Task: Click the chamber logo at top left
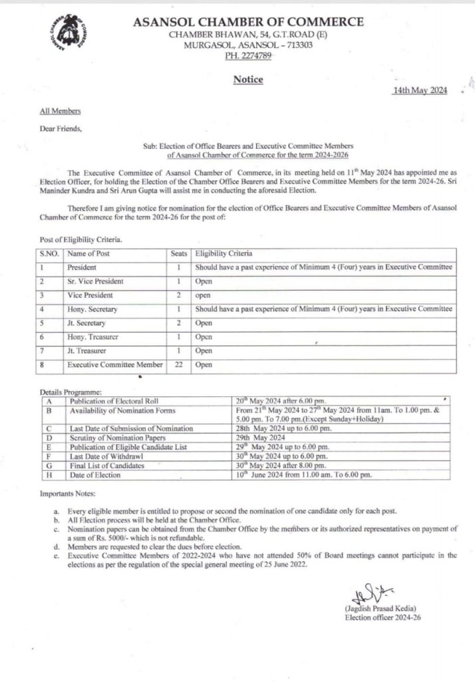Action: click(72, 34)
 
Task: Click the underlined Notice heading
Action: click(248, 80)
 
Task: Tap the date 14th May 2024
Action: click(420, 91)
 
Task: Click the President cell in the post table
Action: click(81, 267)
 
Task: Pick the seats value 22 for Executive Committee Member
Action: click(176, 365)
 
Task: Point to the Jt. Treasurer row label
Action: click(86, 350)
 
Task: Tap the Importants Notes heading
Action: click(69, 495)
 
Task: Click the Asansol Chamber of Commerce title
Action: click(248, 22)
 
